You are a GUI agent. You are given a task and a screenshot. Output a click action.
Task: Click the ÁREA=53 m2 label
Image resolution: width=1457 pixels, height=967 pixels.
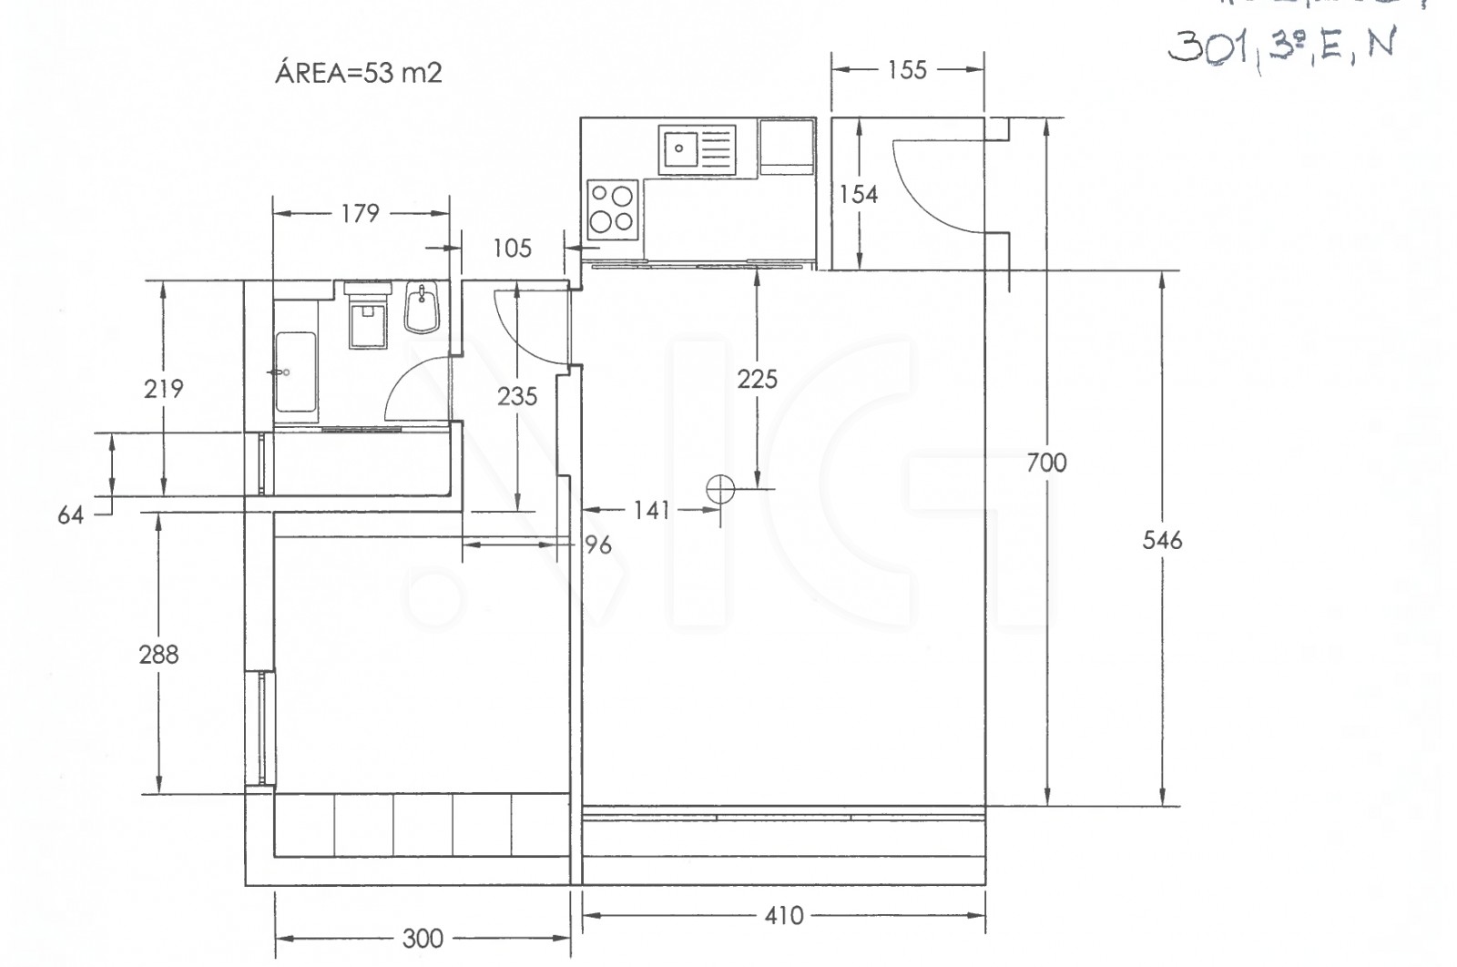coord(358,73)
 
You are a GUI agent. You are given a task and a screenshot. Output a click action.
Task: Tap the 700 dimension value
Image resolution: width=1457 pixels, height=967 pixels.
coord(1046,463)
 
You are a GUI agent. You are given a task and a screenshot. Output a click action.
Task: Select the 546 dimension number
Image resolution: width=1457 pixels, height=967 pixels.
coord(1162,541)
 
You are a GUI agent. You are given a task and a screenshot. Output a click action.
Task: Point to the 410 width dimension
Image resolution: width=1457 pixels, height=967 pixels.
coord(784,915)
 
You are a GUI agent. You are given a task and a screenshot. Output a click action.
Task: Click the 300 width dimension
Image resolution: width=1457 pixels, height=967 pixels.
coord(423,938)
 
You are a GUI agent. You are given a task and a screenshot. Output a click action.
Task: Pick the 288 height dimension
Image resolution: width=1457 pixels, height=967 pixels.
coord(158,654)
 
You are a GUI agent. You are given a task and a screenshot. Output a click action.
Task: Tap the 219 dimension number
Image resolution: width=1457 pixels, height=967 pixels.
coord(163,389)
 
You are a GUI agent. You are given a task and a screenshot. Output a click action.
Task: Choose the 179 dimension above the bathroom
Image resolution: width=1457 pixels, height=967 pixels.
coord(360,213)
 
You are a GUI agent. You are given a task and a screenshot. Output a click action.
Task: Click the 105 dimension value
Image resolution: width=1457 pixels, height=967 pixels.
coord(512,248)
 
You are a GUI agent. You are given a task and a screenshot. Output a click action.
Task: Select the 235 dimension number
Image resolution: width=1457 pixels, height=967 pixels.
coord(517,396)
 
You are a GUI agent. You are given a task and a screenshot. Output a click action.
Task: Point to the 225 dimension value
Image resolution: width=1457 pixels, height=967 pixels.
coord(757,379)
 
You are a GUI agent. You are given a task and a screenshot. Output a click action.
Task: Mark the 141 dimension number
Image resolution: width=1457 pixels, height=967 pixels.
coord(652,510)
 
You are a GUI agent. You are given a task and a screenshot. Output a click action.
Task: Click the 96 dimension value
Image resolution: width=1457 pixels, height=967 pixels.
coord(597,545)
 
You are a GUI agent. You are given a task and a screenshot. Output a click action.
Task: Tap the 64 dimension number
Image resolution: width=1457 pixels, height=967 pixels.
coord(70,515)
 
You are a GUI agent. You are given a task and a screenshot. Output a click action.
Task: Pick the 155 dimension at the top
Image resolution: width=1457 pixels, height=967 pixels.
coord(907,70)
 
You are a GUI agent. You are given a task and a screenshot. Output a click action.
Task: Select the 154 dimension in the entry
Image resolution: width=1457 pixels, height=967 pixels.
coord(858,194)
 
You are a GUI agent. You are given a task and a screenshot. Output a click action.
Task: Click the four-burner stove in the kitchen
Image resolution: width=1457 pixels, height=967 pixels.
coord(611,209)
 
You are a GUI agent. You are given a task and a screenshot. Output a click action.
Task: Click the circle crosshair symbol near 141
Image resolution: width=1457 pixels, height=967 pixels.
coord(720,489)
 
